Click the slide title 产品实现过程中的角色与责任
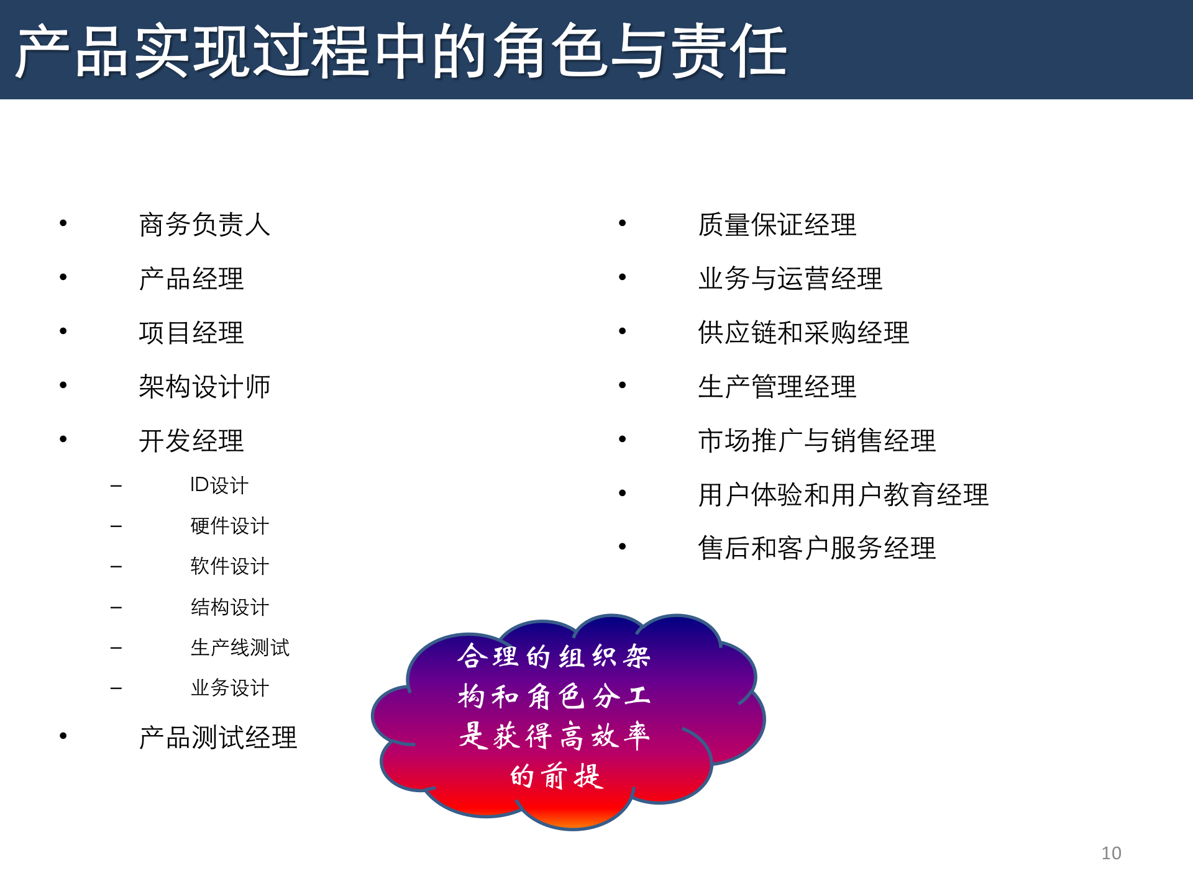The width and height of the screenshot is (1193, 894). click(x=401, y=51)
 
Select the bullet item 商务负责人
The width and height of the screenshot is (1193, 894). click(x=204, y=225)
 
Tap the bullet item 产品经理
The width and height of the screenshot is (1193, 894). click(x=191, y=279)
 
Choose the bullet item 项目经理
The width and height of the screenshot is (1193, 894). click(x=191, y=333)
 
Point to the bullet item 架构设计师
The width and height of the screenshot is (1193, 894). click(x=204, y=387)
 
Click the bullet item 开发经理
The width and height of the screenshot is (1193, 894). click(x=191, y=441)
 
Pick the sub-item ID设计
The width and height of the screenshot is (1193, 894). click(x=219, y=485)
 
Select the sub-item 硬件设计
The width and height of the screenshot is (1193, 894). click(x=229, y=526)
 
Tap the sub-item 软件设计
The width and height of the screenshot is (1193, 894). click(x=229, y=566)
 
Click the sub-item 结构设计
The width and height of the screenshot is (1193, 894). click(x=229, y=607)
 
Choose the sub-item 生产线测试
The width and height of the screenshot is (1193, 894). click(x=240, y=648)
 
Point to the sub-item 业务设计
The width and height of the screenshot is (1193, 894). click(x=229, y=688)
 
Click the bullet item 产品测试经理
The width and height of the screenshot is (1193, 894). click(x=218, y=738)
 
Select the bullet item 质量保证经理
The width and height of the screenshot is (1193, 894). click(x=777, y=225)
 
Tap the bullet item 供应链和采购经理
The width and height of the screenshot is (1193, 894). click(x=803, y=333)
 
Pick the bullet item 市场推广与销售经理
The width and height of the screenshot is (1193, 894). click(x=816, y=441)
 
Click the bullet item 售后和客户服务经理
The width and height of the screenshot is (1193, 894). click(x=816, y=548)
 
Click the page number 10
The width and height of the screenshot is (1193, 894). click(x=1111, y=853)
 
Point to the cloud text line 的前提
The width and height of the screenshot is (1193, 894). click(x=557, y=776)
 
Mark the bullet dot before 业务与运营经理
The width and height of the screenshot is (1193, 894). click(x=622, y=278)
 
